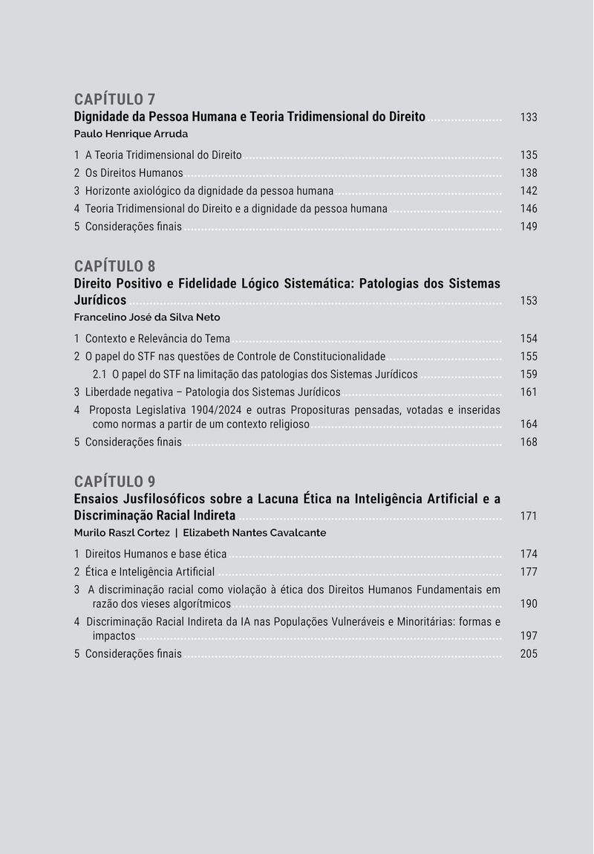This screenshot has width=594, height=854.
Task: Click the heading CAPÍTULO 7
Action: [114, 100]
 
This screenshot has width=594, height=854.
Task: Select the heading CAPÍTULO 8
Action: [114, 266]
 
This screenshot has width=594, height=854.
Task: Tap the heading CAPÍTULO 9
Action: [114, 481]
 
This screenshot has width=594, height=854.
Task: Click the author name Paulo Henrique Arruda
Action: [131, 135]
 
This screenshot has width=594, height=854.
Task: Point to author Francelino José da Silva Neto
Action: [147, 317]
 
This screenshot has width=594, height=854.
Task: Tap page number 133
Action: [529, 117]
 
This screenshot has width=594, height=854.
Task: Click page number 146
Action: [529, 209]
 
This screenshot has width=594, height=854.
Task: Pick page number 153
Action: [529, 301]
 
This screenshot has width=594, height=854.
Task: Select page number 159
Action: [529, 375]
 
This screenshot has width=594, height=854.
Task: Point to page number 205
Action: [529, 654]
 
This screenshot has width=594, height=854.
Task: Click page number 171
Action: [529, 516]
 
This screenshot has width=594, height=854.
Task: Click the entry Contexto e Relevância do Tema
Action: [157, 339]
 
